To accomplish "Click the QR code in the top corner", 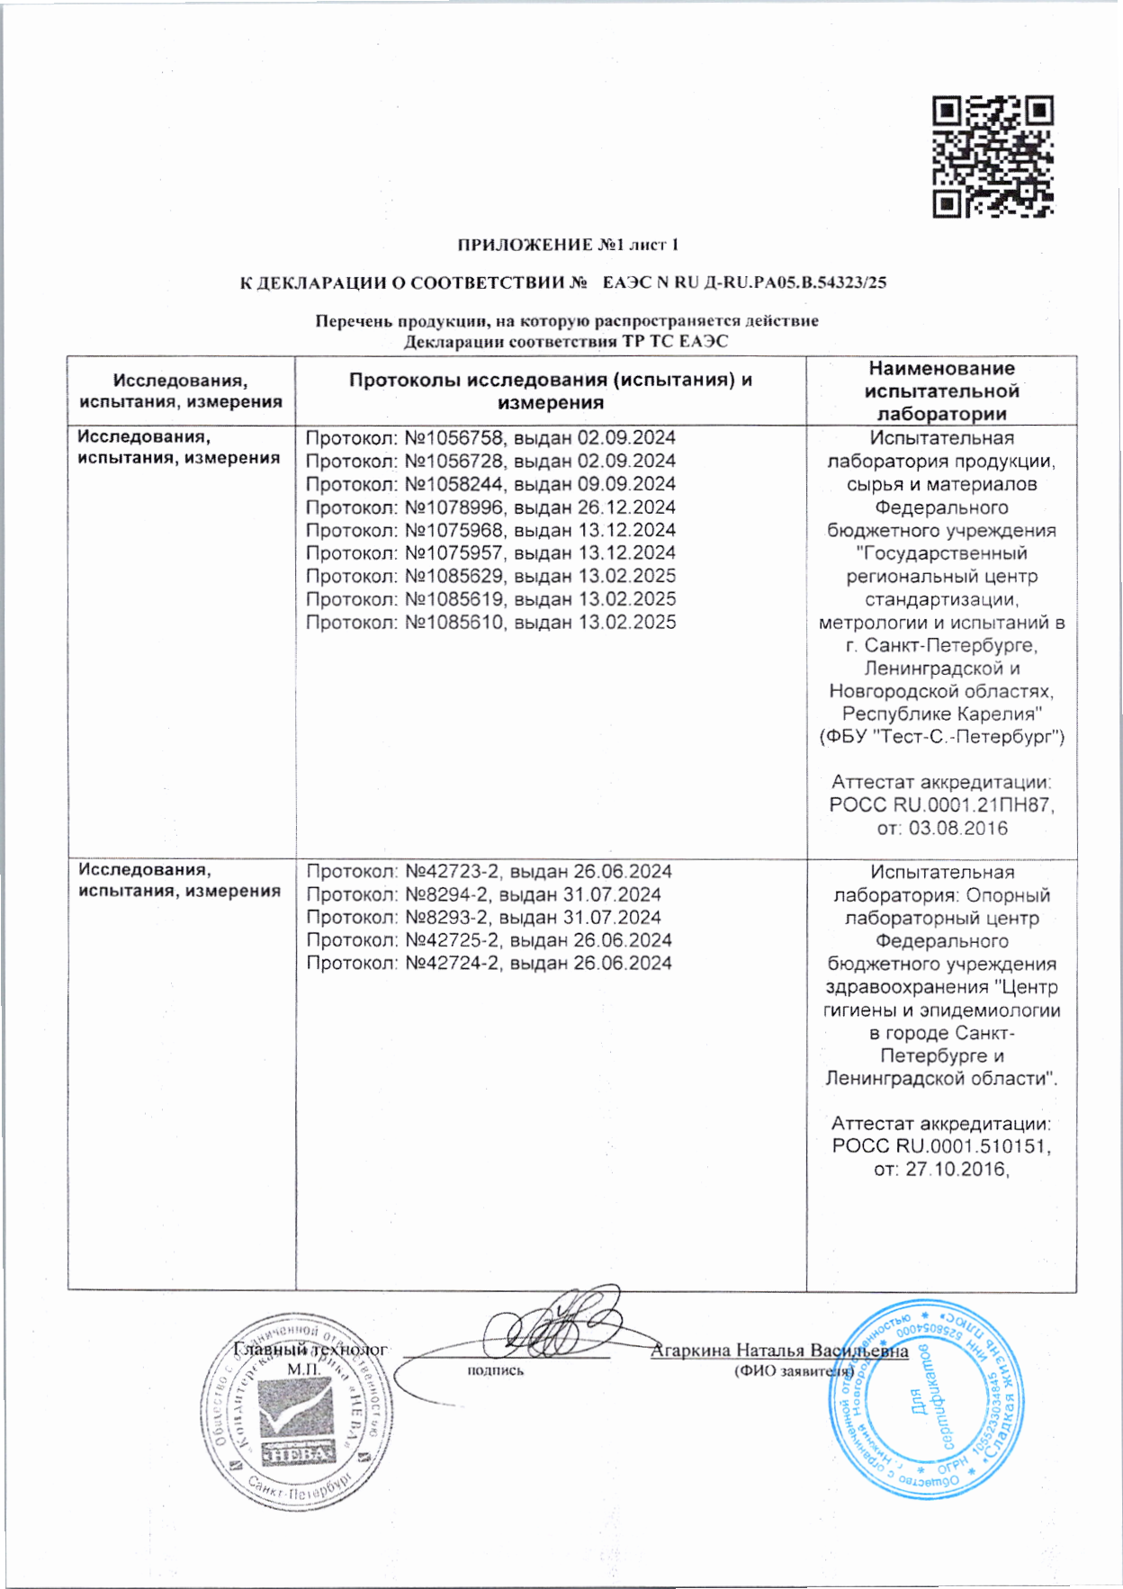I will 993,157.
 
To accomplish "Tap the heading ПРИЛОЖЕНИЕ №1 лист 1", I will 568,245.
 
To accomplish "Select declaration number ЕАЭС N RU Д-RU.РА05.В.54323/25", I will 744,283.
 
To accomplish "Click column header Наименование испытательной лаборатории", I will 941,391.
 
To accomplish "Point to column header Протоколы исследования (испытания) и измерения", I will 550,391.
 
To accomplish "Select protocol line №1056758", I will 490,438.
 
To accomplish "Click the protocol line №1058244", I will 490,484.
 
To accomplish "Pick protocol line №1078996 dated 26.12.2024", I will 490,507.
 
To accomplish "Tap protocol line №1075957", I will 490,553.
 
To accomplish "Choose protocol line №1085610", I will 490,623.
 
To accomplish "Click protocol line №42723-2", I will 489,872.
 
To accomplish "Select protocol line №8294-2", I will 483,895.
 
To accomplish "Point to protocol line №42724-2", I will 489,964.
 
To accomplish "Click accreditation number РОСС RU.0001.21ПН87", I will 941,805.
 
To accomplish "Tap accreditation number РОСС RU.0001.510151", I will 941,1147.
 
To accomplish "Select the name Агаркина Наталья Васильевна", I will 779,1351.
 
